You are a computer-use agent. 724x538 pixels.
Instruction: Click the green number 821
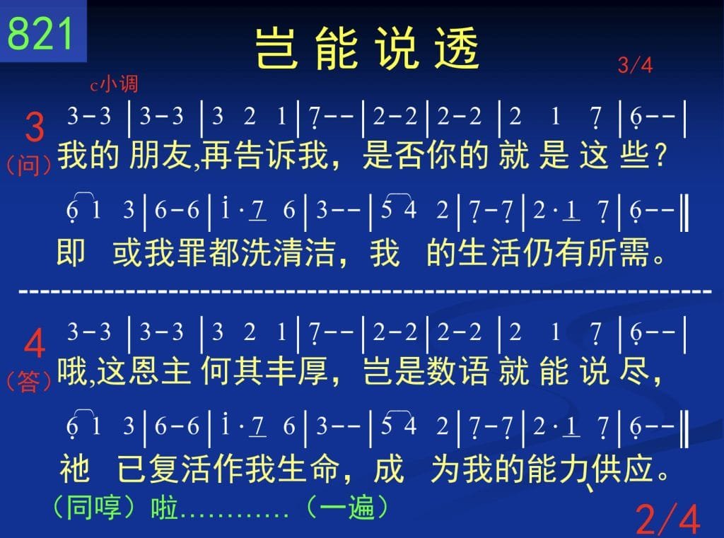(x=40, y=33)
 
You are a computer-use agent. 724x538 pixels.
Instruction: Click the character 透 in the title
(x=457, y=48)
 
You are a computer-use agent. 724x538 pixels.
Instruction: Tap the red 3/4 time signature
(x=636, y=65)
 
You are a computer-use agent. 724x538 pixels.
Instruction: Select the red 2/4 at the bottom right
(x=667, y=520)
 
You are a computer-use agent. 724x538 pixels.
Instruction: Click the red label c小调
(x=114, y=84)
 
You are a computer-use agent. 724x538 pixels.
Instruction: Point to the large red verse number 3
(x=35, y=127)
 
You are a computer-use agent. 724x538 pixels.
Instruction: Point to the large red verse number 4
(x=35, y=343)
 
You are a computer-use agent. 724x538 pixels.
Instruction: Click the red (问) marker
(x=28, y=165)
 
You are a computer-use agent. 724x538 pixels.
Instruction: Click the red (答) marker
(x=28, y=382)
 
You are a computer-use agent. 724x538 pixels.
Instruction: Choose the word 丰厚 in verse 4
(x=296, y=371)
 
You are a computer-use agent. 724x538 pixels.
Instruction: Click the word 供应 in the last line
(x=622, y=469)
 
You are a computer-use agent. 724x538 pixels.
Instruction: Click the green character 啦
(x=165, y=508)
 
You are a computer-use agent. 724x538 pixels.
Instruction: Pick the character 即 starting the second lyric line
(x=71, y=253)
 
